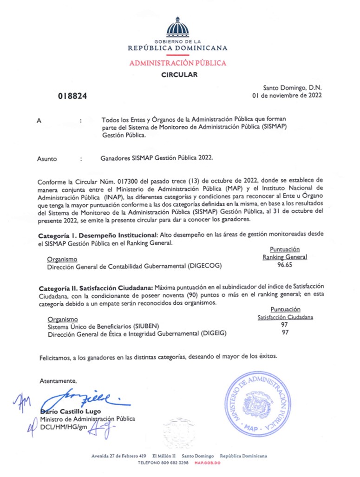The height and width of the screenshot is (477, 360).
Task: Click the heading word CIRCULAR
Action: [x=179, y=74]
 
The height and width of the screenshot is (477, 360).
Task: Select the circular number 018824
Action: [x=72, y=96]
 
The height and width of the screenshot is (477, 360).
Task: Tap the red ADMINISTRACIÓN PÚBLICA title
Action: [x=178, y=63]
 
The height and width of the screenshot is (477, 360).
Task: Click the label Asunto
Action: [x=47, y=159]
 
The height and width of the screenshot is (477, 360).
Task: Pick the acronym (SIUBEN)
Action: [x=137, y=326]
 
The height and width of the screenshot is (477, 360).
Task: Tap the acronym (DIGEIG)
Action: [x=214, y=333]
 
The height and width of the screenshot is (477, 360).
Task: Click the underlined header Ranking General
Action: [x=285, y=257]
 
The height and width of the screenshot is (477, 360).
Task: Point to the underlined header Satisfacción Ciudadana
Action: [x=285, y=318]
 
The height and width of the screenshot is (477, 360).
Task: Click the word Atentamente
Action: [x=58, y=381]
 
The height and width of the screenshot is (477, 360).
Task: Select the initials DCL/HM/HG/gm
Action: [x=64, y=426]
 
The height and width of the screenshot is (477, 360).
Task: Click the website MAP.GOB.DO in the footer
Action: [x=207, y=463]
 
